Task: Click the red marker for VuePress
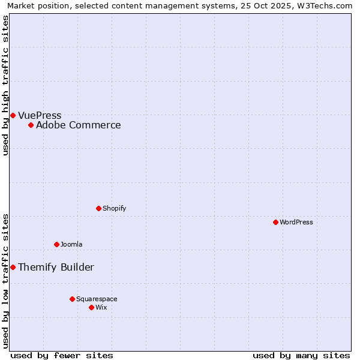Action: pyautogui.click(x=13, y=115)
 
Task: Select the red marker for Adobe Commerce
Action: pyautogui.click(x=31, y=125)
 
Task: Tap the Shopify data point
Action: pyautogui.click(x=98, y=208)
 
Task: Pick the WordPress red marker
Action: pyautogui.click(x=275, y=222)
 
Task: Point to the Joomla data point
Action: pyautogui.click(x=56, y=244)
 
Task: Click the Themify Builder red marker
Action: pyautogui.click(x=13, y=267)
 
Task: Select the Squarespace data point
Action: pyautogui.click(x=72, y=299)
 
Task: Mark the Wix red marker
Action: pyautogui.click(x=91, y=307)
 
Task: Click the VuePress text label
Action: pyautogui.click(x=40, y=115)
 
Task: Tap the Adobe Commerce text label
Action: pyautogui.click(x=78, y=125)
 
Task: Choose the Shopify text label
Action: pyautogui.click(x=114, y=208)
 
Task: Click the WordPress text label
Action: pyautogui.click(x=296, y=222)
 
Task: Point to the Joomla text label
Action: pyautogui.click(x=71, y=244)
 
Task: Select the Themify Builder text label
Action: pyautogui.click(x=56, y=267)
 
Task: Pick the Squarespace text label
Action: pyautogui.click(x=97, y=299)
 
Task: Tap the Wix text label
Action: pyautogui.click(x=101, y=307)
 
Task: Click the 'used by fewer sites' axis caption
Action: pyautogui.click(x=62, y=355)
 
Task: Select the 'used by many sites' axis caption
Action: pyautogui.click(x=301, y=355)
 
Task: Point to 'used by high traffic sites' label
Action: pyautogui.click(x=5, y=85)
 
